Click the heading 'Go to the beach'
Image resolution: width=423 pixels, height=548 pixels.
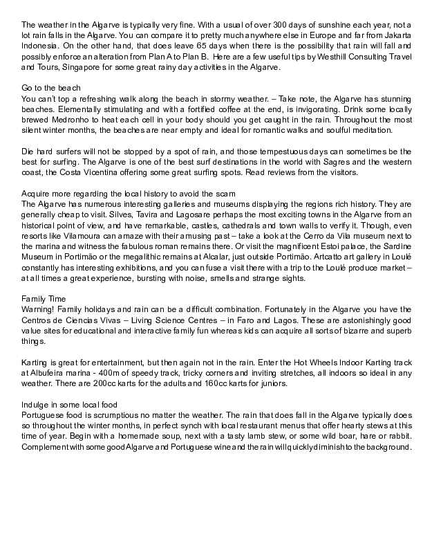[52, 88]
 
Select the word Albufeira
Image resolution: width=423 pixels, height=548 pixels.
[46, 372]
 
